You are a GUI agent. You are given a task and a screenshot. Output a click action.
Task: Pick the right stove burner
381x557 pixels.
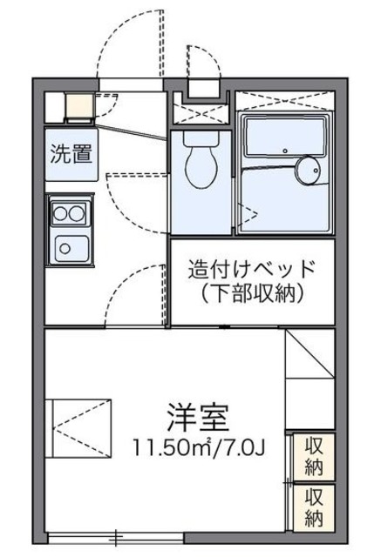[x=78, y=211]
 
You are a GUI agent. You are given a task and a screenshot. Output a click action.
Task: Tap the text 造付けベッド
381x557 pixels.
[x=250, y=270]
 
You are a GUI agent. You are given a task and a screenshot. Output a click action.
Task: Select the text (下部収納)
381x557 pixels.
[x=250, y=294]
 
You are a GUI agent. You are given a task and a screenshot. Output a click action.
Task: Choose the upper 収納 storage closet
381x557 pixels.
[x=314, y=455]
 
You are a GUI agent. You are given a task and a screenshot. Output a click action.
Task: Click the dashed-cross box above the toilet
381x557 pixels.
[x=200, y=111]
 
